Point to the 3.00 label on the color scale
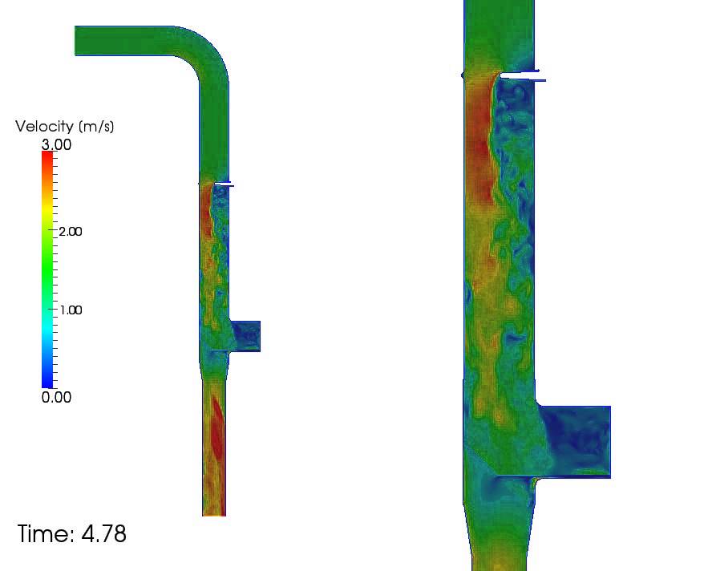56,145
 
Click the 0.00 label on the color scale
56,397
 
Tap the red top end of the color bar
47,156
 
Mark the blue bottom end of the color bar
47,383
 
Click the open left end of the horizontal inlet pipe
77,41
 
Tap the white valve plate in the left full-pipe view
225,184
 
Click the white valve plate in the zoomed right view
520,75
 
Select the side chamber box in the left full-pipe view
245,336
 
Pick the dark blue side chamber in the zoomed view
576,441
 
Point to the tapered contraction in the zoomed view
497,525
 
